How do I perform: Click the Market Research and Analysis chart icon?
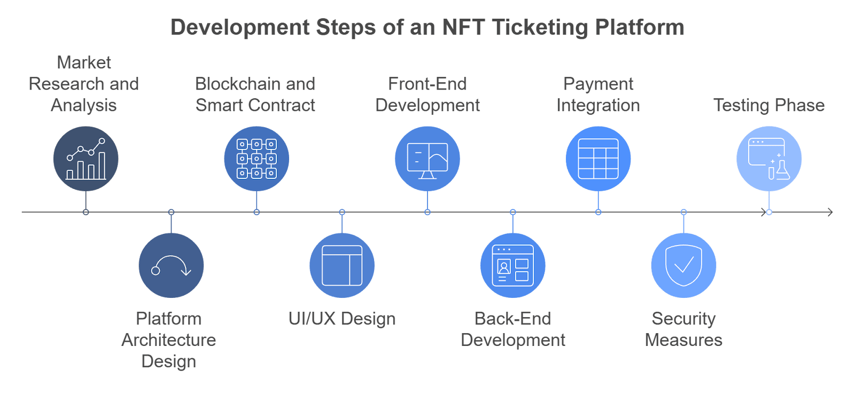pyautogui.click(x=85, y=159)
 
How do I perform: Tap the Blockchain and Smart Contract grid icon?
pyautogui.click(x=256, y=159)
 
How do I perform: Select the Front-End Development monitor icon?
pyautogui.click(x=428, y=159)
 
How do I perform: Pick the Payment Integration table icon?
pyautogui.click(x=598, y=159)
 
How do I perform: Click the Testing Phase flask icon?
pyautogui.click(x=769, y=159)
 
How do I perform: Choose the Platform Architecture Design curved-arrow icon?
pyautogui.click(x=171, y=265)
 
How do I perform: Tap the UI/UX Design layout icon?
pyautogui.click(x=342, y=265)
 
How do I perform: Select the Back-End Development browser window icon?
pyautogui.click(x=513, y=265)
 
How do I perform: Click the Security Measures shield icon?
pyautogui.click(x=683, y=265)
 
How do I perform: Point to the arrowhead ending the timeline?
pyautogui.click(x=830, y=212)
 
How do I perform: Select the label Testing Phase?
pyautogui.click(x=769, y=105)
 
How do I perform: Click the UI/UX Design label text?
pyautogui.click(x=342, y=319)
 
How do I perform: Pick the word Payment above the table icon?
pyautogui.click(x=598, y=84)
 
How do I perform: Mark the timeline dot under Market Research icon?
pyautogui.click(x=85, y=212)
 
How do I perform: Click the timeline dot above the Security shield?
pyautogui.click(x=683, y=212)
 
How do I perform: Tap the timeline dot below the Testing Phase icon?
pyautogui.click(x=769, y=212)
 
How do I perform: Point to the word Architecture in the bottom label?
pyautogui.click(x=169, y=340)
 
